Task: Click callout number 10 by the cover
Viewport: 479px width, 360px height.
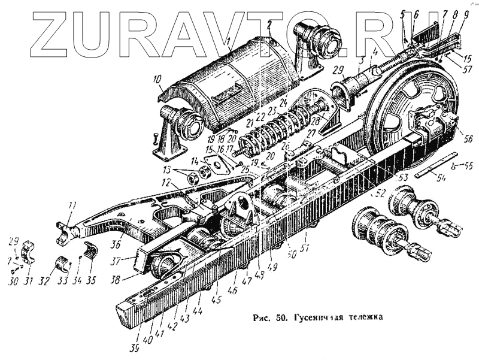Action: tap(157, 79)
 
